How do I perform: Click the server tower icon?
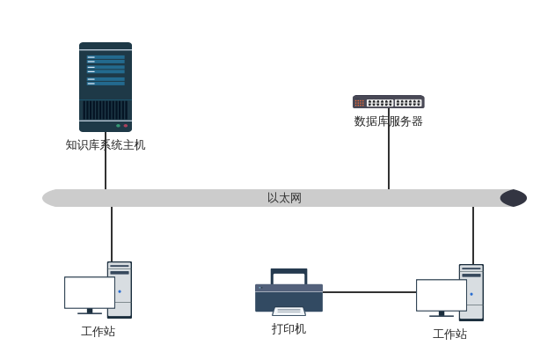pos(106,86)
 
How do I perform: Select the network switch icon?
pos(388,102)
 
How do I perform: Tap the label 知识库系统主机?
pos(106,144)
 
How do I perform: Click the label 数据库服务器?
pos(388,121)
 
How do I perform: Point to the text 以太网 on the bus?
pos(284,198)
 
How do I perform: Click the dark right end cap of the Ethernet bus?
pos(514,198)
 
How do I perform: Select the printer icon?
pos(288,290)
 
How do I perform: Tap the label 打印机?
pos(288,328)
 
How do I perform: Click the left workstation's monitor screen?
pos(89,292)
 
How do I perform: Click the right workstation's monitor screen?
pos(441,295)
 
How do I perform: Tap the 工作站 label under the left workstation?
pos(98,331)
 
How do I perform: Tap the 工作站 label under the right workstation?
pos(449,334)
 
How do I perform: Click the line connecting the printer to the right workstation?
pos(369,292)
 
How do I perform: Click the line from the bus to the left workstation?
pos(112,233)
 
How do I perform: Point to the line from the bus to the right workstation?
pos(473,234)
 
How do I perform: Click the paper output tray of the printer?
pos(288,311)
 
